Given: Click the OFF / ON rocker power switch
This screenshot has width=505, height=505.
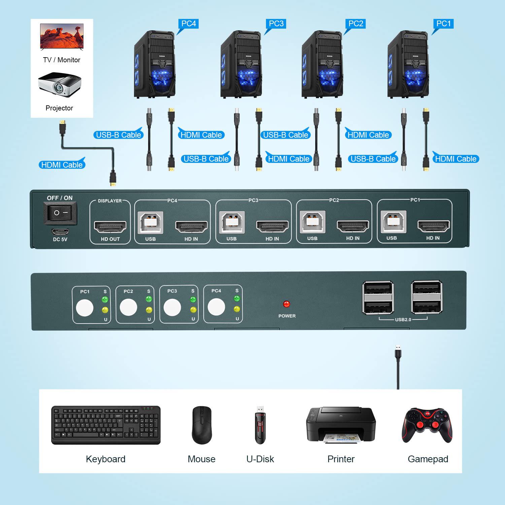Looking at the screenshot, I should (x=61, y=213).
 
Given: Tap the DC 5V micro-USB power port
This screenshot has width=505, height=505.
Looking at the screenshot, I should (x=60, y=232).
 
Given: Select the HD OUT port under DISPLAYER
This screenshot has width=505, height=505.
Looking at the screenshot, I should (x=110, y=227).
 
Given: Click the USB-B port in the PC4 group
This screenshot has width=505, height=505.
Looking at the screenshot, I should (x=150, y=223).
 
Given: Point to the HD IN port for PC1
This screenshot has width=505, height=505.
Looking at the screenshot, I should (x=433, y=226).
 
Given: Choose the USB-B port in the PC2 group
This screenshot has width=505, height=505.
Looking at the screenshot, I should (x=312, y=222).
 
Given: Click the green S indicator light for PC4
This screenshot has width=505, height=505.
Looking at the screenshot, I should (x=237, y=298).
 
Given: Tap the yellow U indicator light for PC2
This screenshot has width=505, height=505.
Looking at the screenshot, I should (x=149, y=310).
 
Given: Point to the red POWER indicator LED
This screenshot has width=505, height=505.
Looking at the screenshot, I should (x=287, y=304).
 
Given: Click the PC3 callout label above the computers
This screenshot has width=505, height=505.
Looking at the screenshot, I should (x=276, y=24).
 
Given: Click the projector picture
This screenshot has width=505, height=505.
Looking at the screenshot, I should (x=60, y=85).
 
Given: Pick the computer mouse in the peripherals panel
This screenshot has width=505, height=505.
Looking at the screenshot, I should (x=202, y=425).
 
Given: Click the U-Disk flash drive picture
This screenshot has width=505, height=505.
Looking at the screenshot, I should (x=260, y=425).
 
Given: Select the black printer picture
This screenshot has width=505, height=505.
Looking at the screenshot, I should (x=341, y=425).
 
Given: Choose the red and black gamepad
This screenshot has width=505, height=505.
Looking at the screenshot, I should (x=427, y=425).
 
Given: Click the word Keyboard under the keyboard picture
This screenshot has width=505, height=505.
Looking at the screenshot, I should (x=105, y=459).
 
